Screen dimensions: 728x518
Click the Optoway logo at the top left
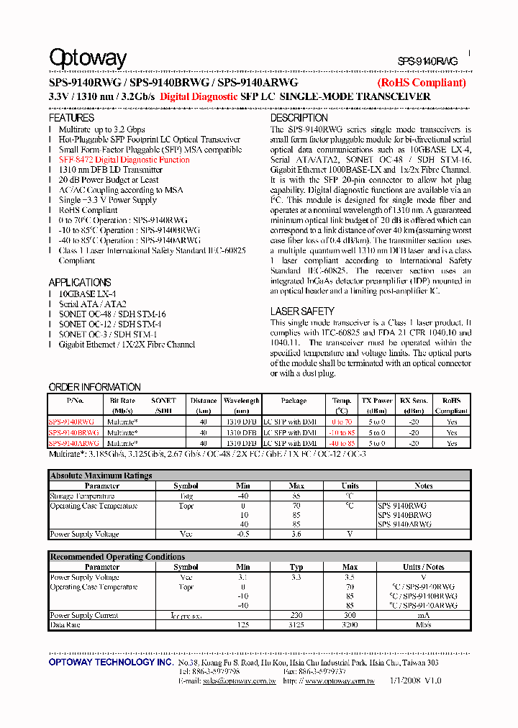(88, 59)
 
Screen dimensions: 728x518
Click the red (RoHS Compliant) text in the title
(422, 83)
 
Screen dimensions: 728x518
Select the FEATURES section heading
(71, 118)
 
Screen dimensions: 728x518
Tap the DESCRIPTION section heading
(299, 118)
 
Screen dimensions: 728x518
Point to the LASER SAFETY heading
(302, 311)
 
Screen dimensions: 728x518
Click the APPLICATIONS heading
(80, 283)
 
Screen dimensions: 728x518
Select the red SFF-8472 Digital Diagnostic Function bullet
(124, 160)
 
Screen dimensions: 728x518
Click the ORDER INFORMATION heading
(94, 387)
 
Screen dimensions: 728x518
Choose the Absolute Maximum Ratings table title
(101, 476)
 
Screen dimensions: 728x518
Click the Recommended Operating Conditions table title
(117, 557)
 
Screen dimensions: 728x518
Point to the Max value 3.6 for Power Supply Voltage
(296, 534)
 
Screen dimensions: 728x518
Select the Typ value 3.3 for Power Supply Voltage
(296, 578)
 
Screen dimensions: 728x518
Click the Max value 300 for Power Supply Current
(350, 616)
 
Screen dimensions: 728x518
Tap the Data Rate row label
(65, 625)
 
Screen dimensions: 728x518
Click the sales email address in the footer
(239, 681)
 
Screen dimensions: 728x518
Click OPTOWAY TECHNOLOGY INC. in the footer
(110, 662)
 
